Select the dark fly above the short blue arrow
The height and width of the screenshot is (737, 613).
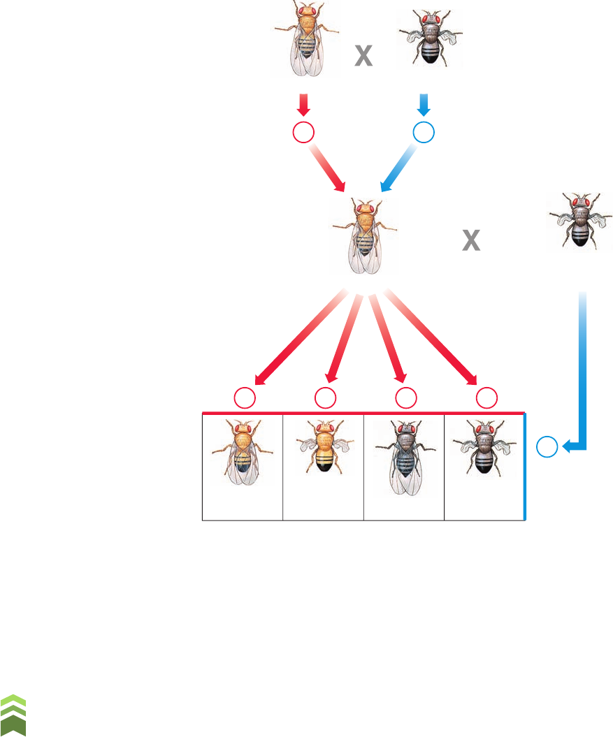pyautogui.click(x=430, y=39)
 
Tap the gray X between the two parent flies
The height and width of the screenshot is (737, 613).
pyautogui.click(x=363, y=57)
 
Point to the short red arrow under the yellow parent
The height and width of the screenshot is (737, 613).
pyautogui.click(x=303, y=105)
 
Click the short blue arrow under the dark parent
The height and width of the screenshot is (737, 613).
pyautogui.click(x=424, y=105)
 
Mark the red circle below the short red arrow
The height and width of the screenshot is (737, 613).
pyautogui.click(x=303, y=133)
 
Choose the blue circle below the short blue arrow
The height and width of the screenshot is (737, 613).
pyautogui.click(x=424, y=133)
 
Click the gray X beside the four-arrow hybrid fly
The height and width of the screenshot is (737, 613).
pyautogui.click(x=472, y=242)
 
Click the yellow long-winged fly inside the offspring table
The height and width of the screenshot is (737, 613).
pyautogui.click(x=242, y=458)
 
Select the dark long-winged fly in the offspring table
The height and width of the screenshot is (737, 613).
pyautogui.click(x=403, y=458)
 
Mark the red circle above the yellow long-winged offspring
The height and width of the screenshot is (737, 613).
pyautogui.click(x=244, y=398)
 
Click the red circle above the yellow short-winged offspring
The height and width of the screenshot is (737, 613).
pyautogui.click(x=324, y=398)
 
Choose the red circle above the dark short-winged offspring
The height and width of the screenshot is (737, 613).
pyautogui.click(x=486, y=398)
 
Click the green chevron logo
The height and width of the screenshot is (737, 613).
pyautogui.click(x=13, y=715)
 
